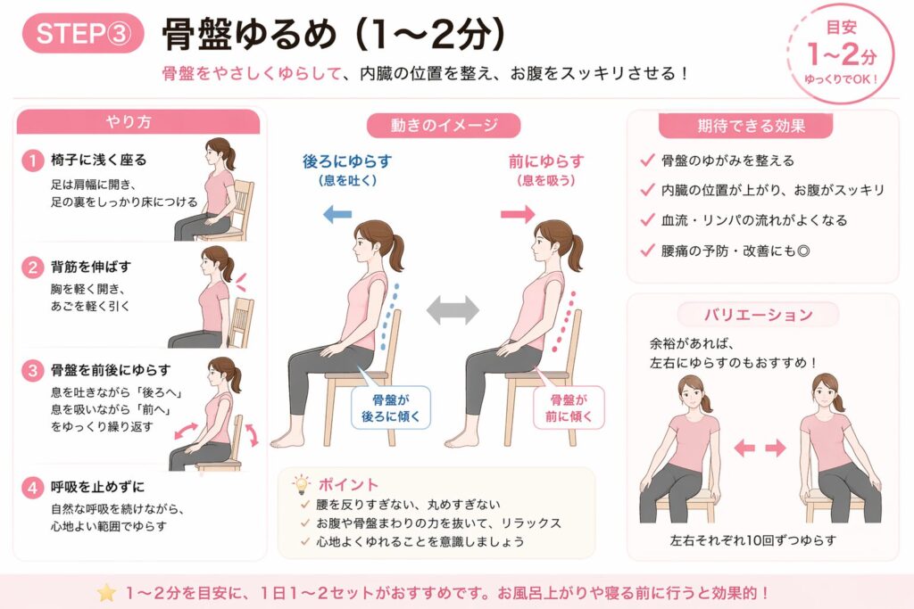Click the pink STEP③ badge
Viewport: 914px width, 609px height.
[x=83, y=33]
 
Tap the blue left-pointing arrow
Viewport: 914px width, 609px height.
[x=337, y=214]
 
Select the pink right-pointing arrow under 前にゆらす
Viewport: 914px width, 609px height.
[x=518, y=214]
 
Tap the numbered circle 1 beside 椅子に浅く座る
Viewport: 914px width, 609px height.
[x=33, y=160]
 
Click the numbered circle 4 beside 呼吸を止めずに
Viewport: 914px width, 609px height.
[x=33, y=487]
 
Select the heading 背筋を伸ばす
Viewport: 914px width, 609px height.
[x=91, y=267]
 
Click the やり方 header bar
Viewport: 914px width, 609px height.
[x=138, y=121]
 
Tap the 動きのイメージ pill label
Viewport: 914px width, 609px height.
[x=444, y=125]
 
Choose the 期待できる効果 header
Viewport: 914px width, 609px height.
[x=745, y=126]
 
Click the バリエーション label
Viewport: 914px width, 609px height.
[x=759, y=315]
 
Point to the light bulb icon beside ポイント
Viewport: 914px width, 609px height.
[x=301, y=484]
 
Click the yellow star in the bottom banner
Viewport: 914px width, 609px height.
[x=107, y=593]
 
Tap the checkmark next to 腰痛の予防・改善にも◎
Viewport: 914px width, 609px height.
[x=647, y=251]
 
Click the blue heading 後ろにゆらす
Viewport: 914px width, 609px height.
[x=347, y=161]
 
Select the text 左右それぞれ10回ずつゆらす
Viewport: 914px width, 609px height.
[x=753, y=540]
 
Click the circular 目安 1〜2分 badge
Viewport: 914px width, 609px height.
[x=841, y=54]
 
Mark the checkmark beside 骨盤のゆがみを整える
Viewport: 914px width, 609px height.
[x=647, y=160]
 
